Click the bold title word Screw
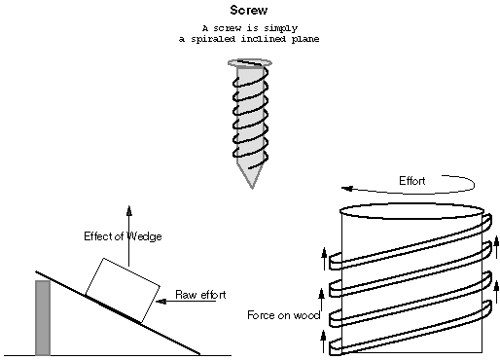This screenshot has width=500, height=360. tap(249, 10)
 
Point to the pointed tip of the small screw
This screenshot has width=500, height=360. tap(252, 188)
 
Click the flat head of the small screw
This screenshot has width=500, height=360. tap(250, 63)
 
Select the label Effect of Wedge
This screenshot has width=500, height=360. tap(123, 236)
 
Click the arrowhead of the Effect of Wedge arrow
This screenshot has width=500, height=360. tap(129, 210)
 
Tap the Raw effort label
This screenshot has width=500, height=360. tap(200, 295)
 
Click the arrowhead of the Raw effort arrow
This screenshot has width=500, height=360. tap(161, 302)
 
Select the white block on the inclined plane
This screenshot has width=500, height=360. tap(123, 290)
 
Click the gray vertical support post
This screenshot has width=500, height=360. tap(43, 318)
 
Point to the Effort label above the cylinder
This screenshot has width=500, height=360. tap(411, 181)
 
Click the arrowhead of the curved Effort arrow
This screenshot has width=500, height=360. tap(347, 189)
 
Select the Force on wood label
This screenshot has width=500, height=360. tap(284, 315)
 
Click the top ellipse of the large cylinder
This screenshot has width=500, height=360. tap(411, 211)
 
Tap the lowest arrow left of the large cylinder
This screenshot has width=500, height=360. tap(323, 342)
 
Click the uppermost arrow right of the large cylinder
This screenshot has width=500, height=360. tap(496, 247)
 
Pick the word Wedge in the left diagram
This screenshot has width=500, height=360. tap(144, 236)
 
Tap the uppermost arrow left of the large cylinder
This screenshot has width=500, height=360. tap(324, 259)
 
